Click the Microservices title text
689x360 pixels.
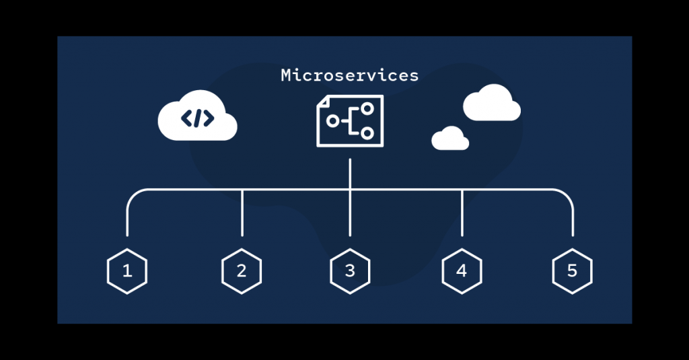click(349, 75)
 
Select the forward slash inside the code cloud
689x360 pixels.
click(198, 118)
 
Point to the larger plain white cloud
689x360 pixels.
click(492, 104)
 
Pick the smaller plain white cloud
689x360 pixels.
click(450, 139)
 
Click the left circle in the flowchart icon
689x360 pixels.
click(332, 121)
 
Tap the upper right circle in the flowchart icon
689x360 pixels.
click(367, 108)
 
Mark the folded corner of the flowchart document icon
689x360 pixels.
click(322, 100)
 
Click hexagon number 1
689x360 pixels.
click(127, 271)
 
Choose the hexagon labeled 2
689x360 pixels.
click(242, 271)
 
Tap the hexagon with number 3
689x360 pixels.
click(350, 271)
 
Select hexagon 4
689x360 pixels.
click(462, 271)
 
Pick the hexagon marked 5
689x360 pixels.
click(572, 271)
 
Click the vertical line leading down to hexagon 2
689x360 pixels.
click(242, 213)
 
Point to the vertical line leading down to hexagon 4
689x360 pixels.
click(462, 213)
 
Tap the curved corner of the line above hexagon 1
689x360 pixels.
click(133, 195)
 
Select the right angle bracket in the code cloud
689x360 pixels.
click(209, 118)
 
